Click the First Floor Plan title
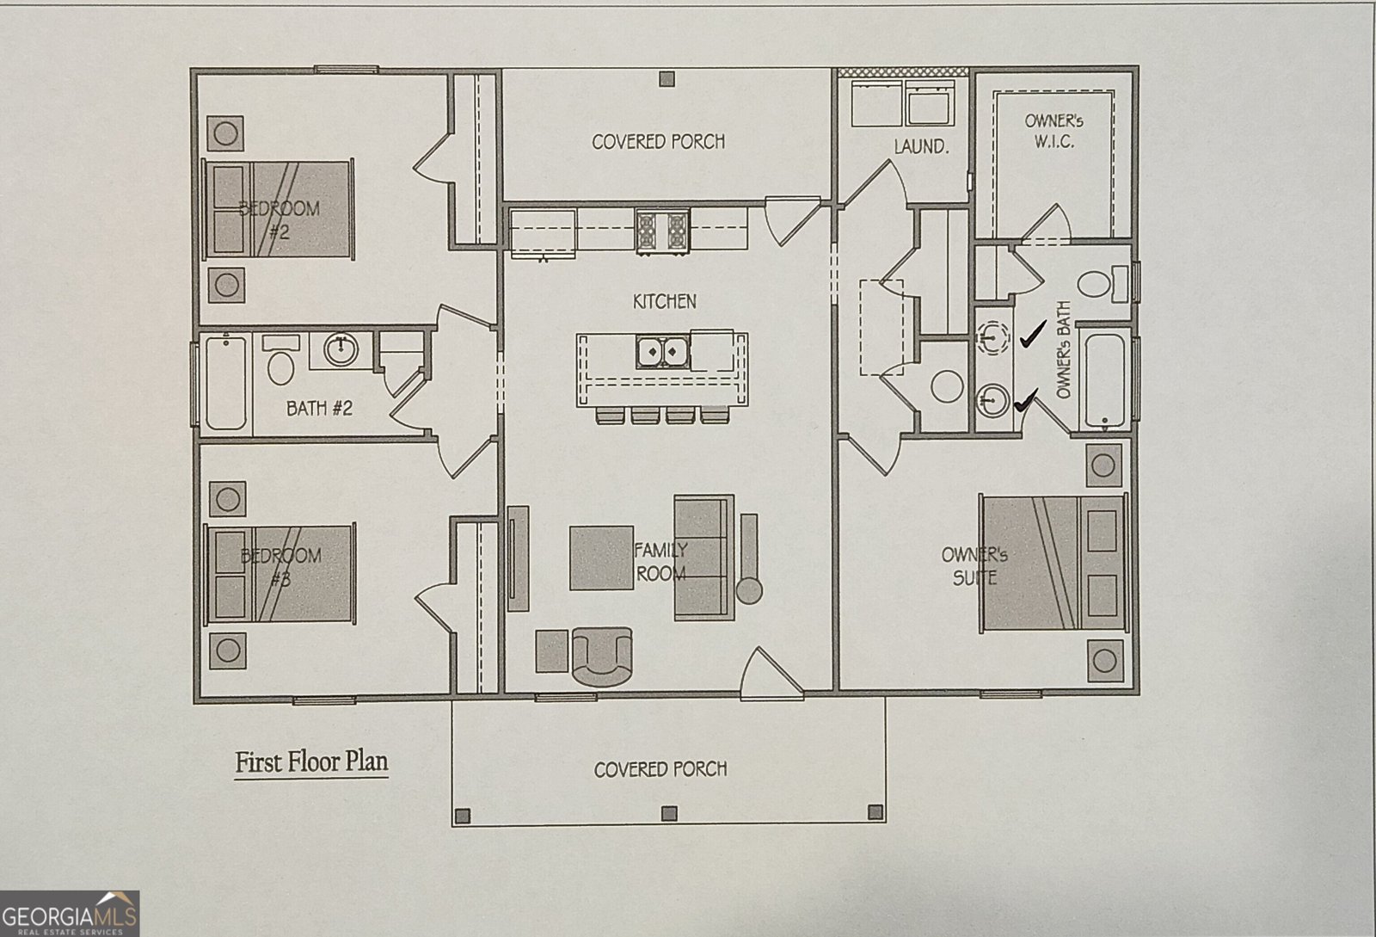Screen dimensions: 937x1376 pyautogui.click(x=311, y=762)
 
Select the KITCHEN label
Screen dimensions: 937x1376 pyautogui.click(x=665, y=301)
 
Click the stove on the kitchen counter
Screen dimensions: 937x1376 pyautogui.click(x=662, y=231)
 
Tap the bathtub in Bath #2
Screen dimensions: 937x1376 pyautogui.click(x=225, y=382)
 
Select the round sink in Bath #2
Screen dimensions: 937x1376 pyautogui.click(x=341, y=348)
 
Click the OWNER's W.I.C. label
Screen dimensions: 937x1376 pyautogui.click(x=1053, y=131)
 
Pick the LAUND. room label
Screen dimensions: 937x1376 pyautogui.click(x=920, y=147)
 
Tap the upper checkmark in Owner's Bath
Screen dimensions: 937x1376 pyautogui.click(x=1032, y=334)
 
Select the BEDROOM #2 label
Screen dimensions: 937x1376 pyautogui.click(x=279, y=219)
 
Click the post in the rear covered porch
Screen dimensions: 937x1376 pyautogui.click(x=666, y=79)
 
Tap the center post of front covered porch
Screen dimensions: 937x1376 pyautogui.click(x=668, y=812)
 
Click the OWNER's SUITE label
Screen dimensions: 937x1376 pyautogui.click(x=974, y=565)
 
